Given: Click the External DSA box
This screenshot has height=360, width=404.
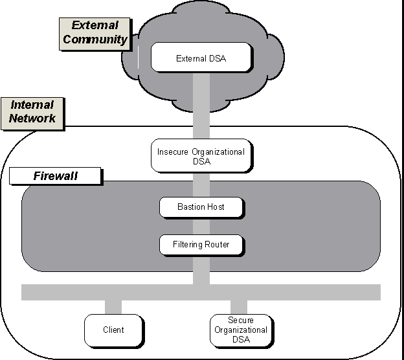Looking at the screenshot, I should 201,58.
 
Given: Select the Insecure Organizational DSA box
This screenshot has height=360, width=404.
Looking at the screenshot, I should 201,156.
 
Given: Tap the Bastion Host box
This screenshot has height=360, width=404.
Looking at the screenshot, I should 201,207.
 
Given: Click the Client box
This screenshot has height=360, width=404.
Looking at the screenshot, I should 113,330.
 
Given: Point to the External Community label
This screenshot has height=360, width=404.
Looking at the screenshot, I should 95,32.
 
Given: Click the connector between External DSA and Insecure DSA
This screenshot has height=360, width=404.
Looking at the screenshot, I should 201,104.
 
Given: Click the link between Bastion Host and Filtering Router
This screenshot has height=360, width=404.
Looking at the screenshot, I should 201,226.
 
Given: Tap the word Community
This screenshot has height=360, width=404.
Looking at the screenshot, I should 95,39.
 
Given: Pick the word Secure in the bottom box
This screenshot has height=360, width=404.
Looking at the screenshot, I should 240,321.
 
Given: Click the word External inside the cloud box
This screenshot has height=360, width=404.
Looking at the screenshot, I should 190,58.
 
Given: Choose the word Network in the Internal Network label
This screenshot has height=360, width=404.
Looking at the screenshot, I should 32,118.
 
